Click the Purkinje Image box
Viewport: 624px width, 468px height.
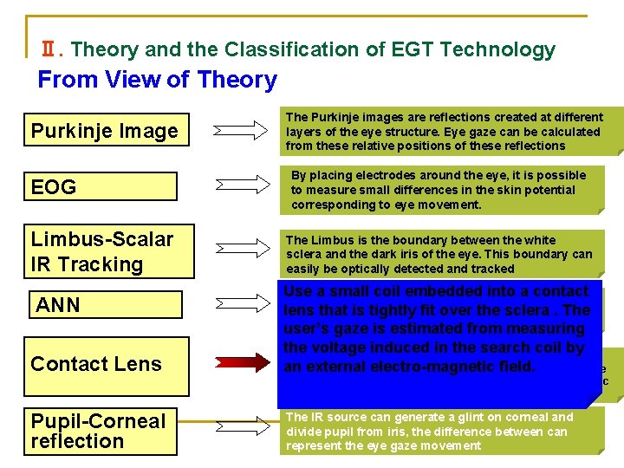103,131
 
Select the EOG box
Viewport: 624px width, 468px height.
103,186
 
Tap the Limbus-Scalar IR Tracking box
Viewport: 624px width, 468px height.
103,251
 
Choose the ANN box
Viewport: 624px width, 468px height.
106,304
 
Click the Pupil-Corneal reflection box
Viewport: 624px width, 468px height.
101,431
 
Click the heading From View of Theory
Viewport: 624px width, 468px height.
157,80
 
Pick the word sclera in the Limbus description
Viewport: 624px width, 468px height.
303,255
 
